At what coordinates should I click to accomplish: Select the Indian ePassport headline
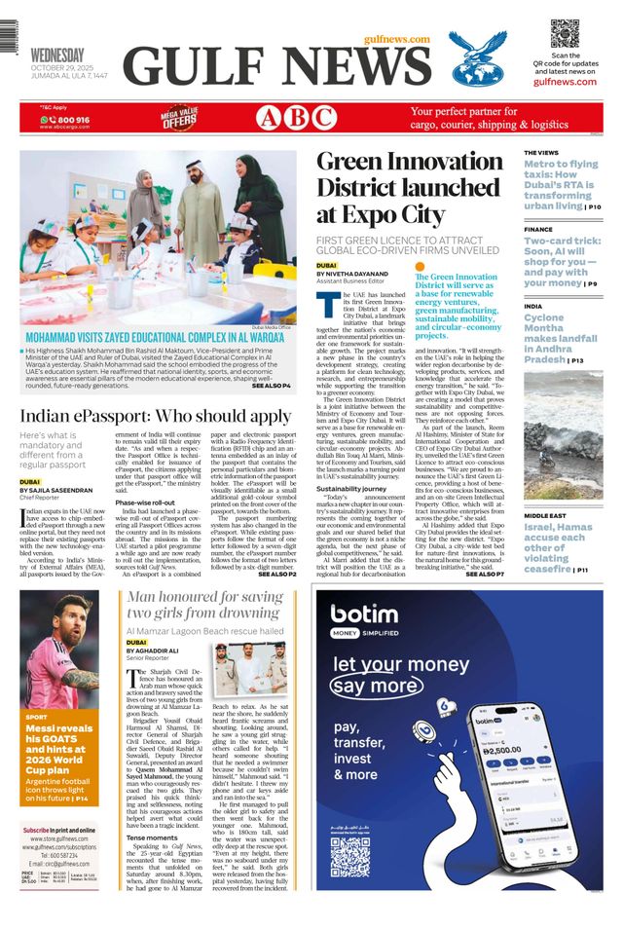click(156, 417)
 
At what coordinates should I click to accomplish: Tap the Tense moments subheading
click(151, 837)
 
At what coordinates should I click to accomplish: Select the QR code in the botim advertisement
click(349, 857)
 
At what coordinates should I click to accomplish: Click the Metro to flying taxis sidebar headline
click(561, 185)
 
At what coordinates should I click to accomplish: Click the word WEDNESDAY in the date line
click(56, 55)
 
